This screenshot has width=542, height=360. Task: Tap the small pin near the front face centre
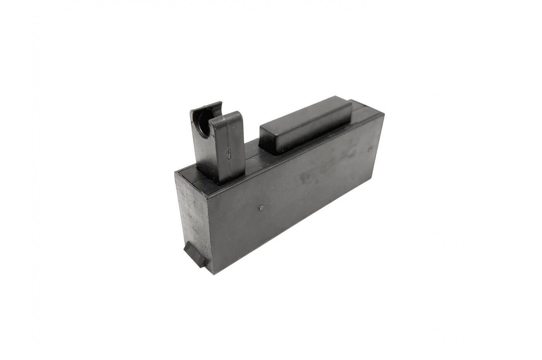coord(262,207)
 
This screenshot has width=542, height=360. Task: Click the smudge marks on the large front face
coord(333,163)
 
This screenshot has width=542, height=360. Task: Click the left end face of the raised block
coord(267,137)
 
